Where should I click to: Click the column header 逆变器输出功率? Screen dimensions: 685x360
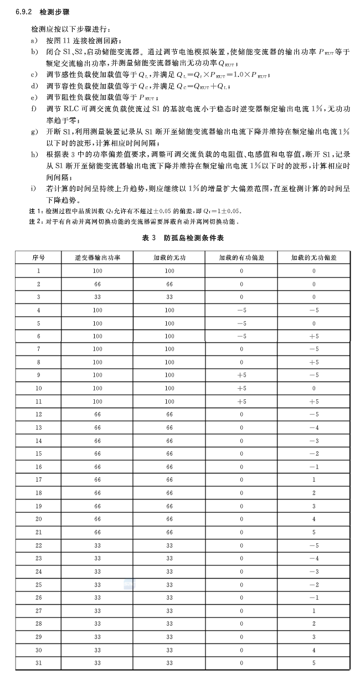tap(97, 257)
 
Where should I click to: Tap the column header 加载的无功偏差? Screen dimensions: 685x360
tap(313, 257)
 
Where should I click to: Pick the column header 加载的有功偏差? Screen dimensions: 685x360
tap(241, 257)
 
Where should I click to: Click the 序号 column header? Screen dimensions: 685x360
tap(38, 257)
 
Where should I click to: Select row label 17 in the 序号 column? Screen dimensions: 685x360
tap(38, 480)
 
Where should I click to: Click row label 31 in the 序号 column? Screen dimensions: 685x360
tap(38, 663)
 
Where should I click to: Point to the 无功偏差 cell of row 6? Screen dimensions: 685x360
tap(313, 336)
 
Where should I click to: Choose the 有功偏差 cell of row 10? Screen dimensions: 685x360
tap(241, 388)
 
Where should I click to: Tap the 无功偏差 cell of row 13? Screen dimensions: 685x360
tap(313, 428)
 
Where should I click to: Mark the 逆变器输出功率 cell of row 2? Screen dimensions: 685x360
tap(97, 284)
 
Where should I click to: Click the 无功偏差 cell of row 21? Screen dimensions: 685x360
tap(313, 532)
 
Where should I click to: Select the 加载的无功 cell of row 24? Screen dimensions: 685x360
tap(169, 571)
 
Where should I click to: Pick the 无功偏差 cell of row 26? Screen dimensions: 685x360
tap(313, 598)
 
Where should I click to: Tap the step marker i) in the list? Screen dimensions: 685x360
tap(34, 188)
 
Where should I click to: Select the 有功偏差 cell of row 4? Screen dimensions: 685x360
tap(241, 310)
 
